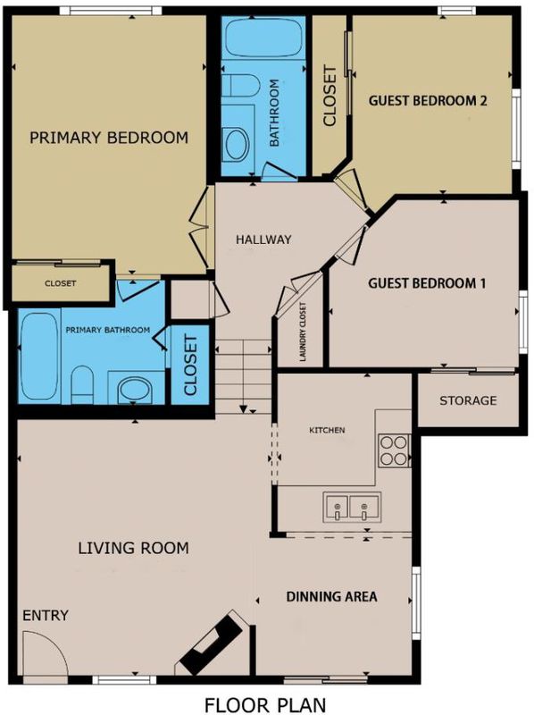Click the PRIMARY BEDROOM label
[x=109, y=138]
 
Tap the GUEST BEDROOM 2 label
[x=428, y=100]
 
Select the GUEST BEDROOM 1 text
[x=427, y=283]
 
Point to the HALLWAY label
[x=263, y=239]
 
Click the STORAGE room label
[x=468, y=400]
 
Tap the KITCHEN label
[x=327, y=430]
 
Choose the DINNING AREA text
[x=331, y=596]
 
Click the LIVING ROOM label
[x=134, y=548]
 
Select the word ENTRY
[x=46, y=616]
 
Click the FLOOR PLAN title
[x=265, y=704]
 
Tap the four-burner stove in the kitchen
[x=394, y=451]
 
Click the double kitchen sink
[x=352, y=508]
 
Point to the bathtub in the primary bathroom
[x=40, y=356]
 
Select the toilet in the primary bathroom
[x=82, y=384]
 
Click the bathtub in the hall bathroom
[x=263, y=38]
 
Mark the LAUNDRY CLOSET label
[x=303, y=332]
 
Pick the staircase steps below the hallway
[x=243, y=376]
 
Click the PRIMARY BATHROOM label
[x=107, y=330]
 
